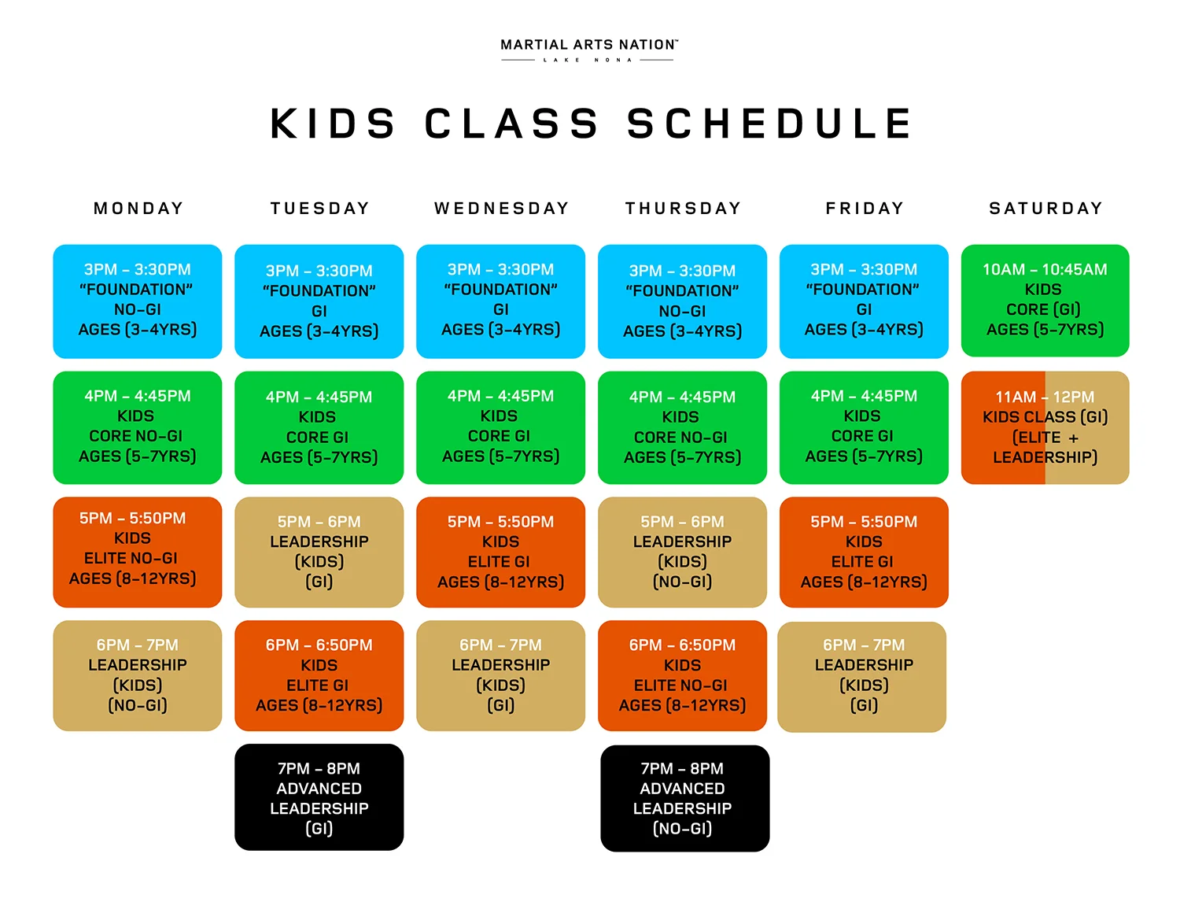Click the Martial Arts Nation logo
pyautogui.click(x=589, y=50)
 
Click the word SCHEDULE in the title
pyautogui.click(x=769, y=124)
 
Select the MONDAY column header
pyautogui.click(x=138, y=209)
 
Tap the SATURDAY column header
pyautogui.click(x=1045, y=209)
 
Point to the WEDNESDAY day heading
pyautogui.click(x=501, y=209)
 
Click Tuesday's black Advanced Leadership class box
pyautogui.click(x=319, y=797)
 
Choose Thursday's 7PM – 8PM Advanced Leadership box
pyautogui.click(x=684, y=798)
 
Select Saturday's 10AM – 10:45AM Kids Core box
pyautogui.click(x=1045, y=300)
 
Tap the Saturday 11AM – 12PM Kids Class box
pyautogui.click(x=1045, y=427)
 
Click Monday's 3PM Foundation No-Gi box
pyautogui.click(x=138, y=301)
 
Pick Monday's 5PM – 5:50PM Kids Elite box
pyautogui.click(x=138, y=552)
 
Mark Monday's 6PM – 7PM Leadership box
pyautogui.click(x=138, y=675)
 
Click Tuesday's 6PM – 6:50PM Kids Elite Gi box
pyautogui.click(x=319, y=675)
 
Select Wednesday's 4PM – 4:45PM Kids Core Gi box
pyautogui.click(x=500, y=427)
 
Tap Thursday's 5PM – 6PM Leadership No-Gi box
pyautogui.click(x=682, y=552)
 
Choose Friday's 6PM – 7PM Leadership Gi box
pyautogui.click(x=861, y=677)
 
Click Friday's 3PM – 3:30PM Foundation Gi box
pyautogui.click(x=864, y=301)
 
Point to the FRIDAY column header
pyautogui.click(x=865, y=209)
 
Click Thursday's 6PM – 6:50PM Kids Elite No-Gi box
pyautogui.click(x=682, y=675)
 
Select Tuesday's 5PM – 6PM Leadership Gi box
pyautogui.click(x=319, y=552)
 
